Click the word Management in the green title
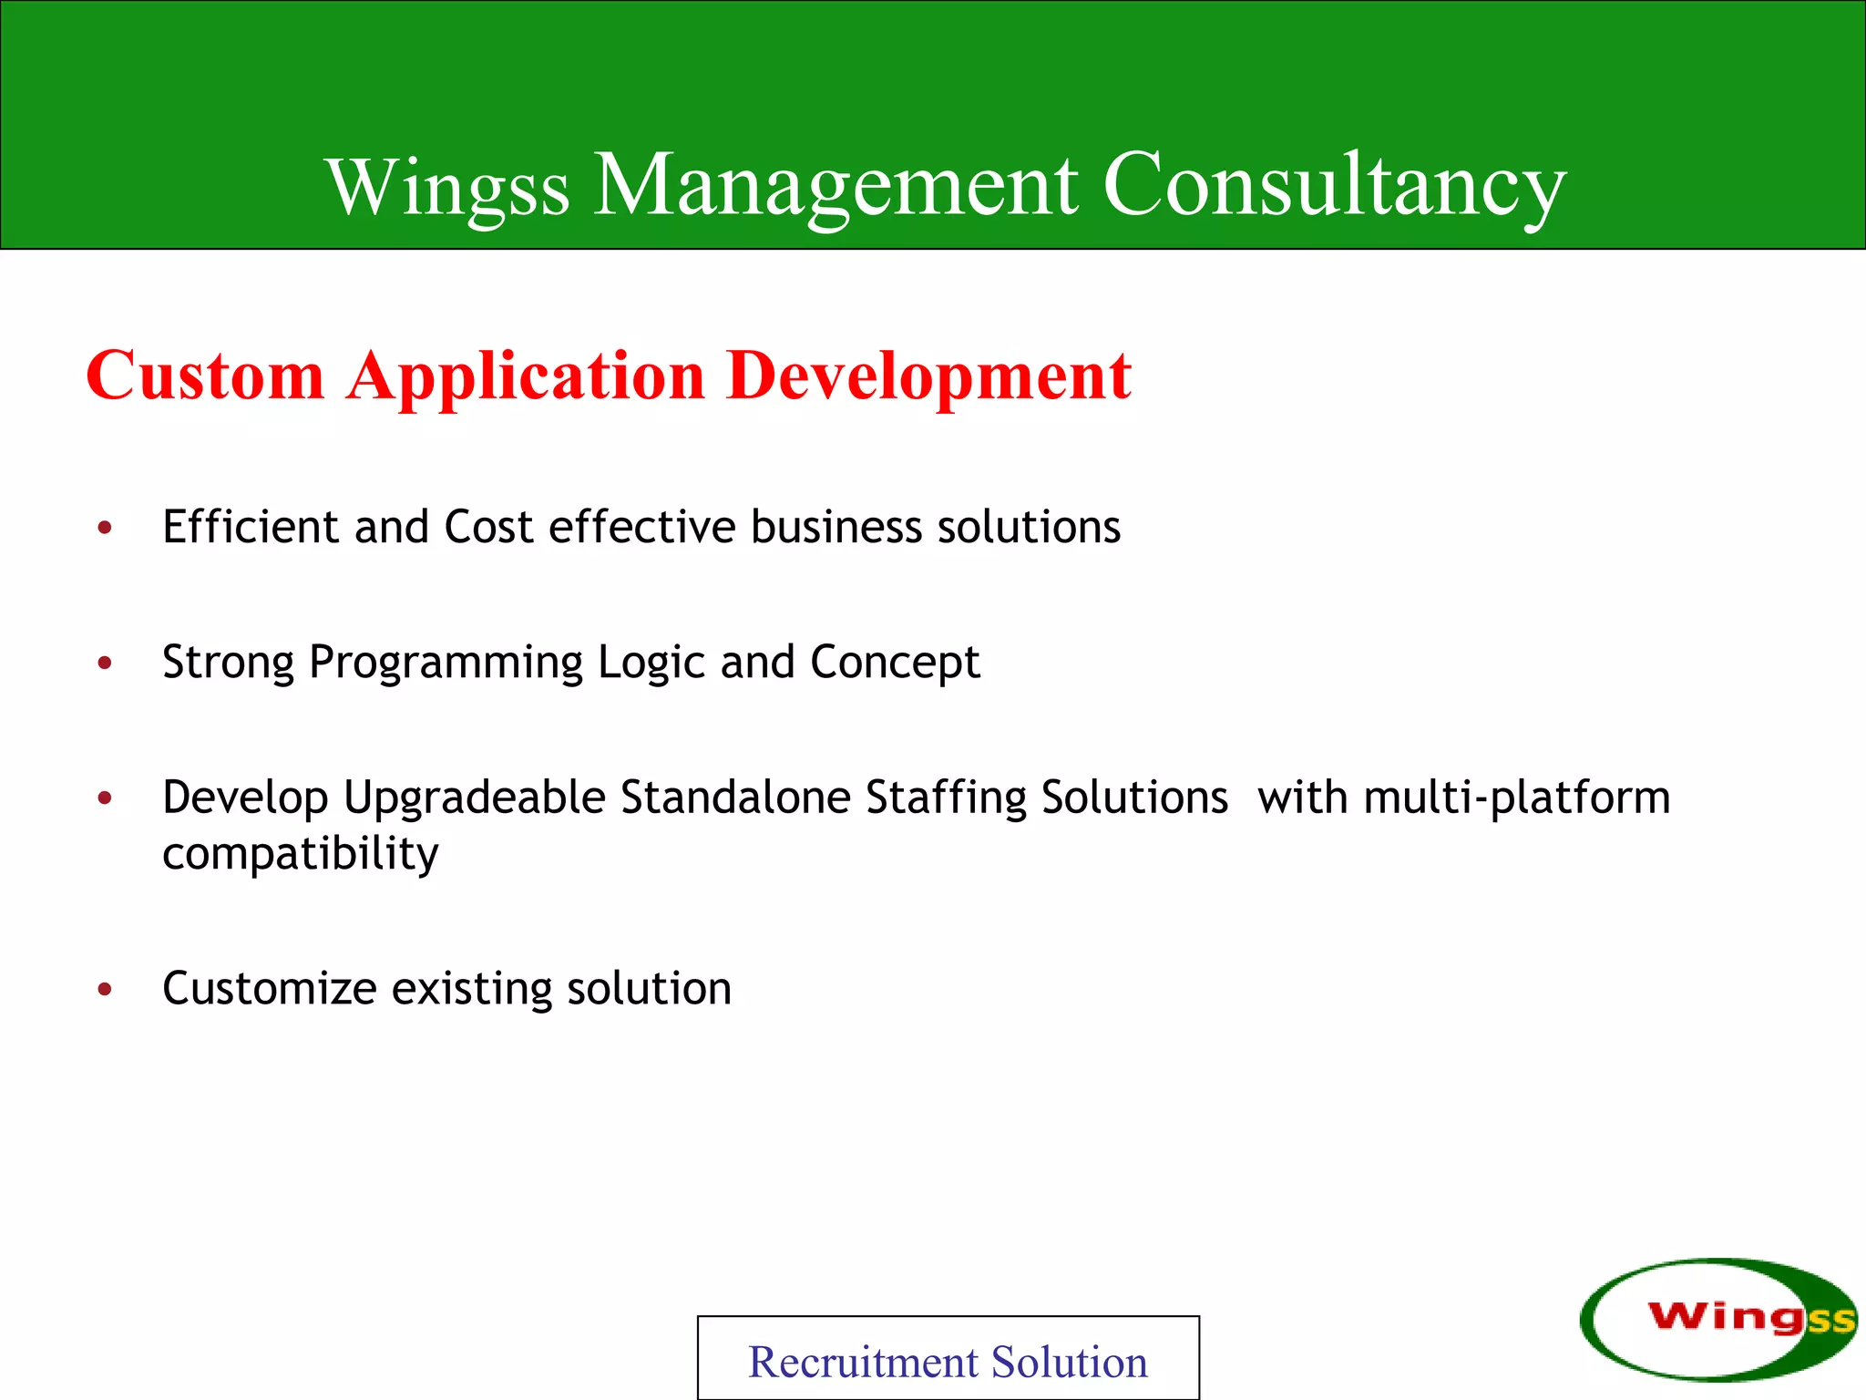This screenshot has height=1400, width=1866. pyautogui.click(x=836, y=187)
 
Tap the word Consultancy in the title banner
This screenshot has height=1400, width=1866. pyautogui.click(x=1334, y=187)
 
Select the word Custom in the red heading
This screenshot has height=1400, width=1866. pyautogui.click(x=205, y=376)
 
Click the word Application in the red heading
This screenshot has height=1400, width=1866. pyautogui.click(x=526, y=377)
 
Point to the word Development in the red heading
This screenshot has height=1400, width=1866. pyautogui.click(x=928, y=377)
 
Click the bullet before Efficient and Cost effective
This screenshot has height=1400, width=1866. pyautogui.click(x=106, y=528)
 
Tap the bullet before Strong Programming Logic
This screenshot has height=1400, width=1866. pyautogui.click(x=106, y=663)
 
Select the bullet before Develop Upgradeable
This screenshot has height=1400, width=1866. pyautogui.click(x=106, y=798)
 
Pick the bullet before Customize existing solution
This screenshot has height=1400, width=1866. pyautogui.click(x=106, y=989)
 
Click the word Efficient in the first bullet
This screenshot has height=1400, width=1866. pyautogui.click(x=251, y=527)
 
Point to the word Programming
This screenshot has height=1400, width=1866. pyautogui.click(x=446, y=664)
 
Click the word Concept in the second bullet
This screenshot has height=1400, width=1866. pyautogui.click(x=895, y=664)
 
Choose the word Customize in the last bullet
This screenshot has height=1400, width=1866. pyautogui.click(x=270, y=989)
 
